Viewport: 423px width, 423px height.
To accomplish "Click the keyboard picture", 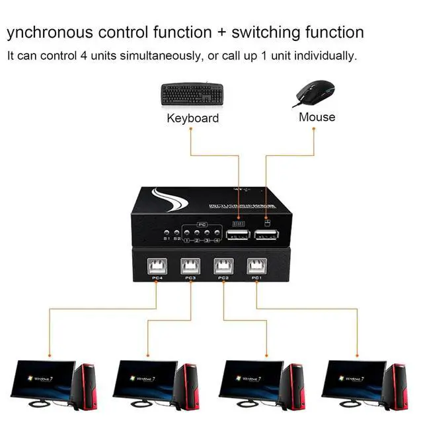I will point(190,94).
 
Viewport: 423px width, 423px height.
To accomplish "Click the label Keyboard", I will point(192,118).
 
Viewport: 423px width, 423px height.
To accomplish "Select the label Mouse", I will point(317,117).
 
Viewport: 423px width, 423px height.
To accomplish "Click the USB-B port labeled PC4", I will point(157,266).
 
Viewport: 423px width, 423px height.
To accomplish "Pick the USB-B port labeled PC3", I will point(190,266).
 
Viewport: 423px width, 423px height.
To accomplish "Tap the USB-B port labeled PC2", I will point(223,266).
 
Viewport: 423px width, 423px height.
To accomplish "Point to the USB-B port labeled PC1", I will point(256,266).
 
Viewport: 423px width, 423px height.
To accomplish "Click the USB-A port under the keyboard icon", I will point(236,237).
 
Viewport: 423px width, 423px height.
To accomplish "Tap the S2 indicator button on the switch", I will point(176,232).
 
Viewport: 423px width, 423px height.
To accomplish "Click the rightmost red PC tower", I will point(395,387).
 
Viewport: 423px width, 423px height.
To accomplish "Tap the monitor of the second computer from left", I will point(141,379).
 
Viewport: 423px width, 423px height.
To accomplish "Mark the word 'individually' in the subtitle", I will point(323,56).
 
